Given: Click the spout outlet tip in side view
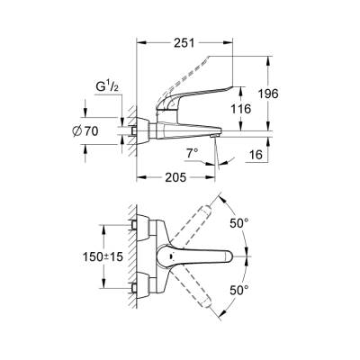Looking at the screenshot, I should click(214, 134).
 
